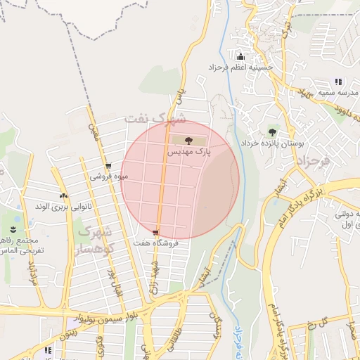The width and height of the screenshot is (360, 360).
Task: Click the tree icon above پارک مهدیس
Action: (x=187, y=141)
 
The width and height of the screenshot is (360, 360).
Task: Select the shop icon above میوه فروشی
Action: (x=108, y=167)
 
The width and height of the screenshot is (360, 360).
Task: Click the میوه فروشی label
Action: (x=108, y=176)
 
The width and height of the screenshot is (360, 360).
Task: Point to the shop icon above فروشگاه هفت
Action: (x=155, y=232)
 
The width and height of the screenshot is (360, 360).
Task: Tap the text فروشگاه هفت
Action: (x=155, y=243)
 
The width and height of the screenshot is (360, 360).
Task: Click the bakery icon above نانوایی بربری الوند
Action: (x=63, y=196)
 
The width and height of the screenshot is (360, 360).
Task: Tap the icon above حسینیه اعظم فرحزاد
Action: (x=240, y=56)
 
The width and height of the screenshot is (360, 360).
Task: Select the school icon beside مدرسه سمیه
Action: (x=338, y=82)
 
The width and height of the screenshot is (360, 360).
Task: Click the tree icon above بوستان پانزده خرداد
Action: (x=272, y=131)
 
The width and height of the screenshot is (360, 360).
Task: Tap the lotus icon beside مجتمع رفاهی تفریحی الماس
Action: (x=13, y=230)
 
